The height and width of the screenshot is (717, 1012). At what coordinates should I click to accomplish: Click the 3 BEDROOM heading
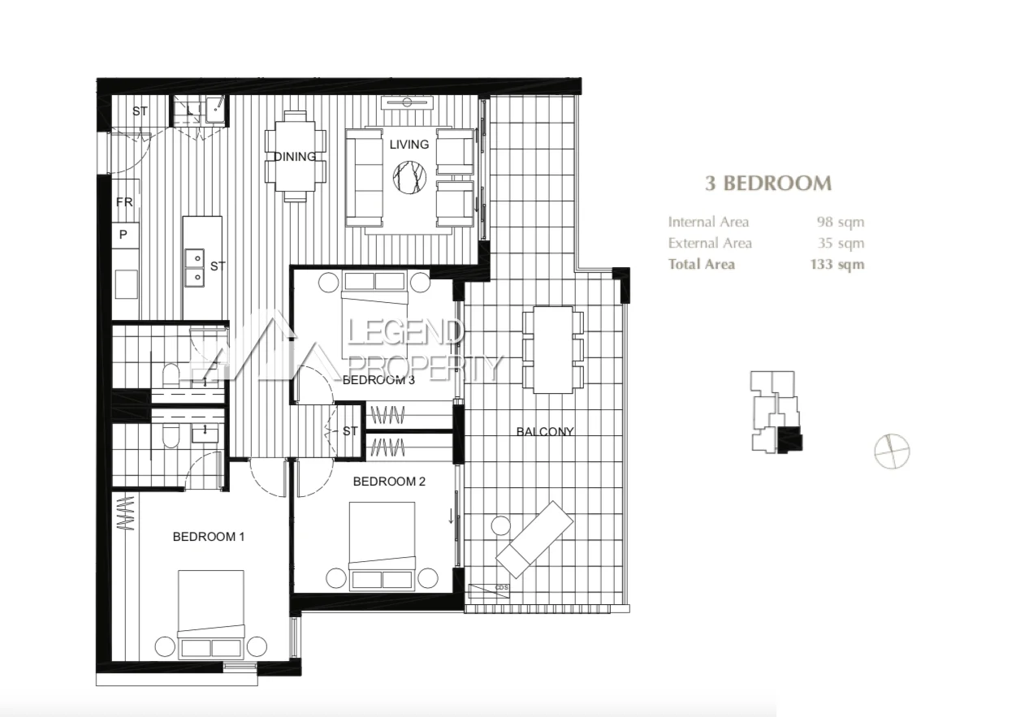click(768, 183)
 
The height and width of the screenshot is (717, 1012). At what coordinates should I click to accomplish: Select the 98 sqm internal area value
click(840, 222)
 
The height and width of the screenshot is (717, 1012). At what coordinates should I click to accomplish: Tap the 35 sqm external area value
click(840, 243)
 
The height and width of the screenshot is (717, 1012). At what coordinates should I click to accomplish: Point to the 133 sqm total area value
click(837, 264)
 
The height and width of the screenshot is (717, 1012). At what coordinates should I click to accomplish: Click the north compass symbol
click(892, 451)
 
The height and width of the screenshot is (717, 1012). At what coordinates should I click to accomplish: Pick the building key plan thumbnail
click(776, 412)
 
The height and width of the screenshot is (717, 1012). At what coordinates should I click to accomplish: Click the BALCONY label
click(545, 432)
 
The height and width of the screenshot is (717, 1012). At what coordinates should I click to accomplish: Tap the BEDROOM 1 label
click(209, 537)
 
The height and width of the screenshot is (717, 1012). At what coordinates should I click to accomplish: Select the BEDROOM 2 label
click(389, 482)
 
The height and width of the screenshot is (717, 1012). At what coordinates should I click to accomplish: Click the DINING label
click(295, 157)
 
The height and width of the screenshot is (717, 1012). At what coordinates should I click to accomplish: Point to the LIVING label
click(409, 145)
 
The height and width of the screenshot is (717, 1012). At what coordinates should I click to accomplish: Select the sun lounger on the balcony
click(534, 538)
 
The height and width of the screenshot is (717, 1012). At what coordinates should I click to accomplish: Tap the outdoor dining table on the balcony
click(552, 349)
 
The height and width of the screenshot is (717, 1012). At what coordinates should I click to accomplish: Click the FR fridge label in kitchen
click(124, 202)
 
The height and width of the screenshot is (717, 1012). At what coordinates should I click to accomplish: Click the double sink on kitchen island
click(195, 268)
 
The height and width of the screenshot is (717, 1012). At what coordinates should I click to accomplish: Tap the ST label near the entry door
click(140, 111)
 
